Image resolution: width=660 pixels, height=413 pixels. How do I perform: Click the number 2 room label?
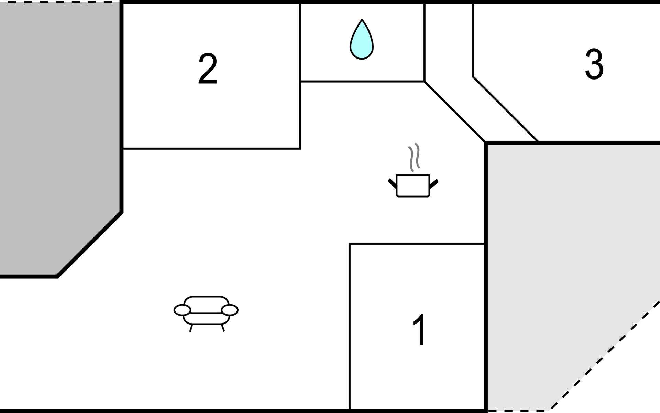(x=208, y=68)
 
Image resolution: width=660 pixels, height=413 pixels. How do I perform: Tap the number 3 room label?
(x=594, y=64)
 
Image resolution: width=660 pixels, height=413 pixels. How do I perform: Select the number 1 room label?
(x=420, y=330)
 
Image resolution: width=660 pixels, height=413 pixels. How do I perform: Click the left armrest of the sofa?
(x=182, y=310)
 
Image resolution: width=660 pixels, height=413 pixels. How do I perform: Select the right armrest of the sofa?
(x=230, y=310)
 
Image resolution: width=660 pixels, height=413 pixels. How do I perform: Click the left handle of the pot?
(x=392, y=183)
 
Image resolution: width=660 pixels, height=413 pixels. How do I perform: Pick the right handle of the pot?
(x=434, y=183)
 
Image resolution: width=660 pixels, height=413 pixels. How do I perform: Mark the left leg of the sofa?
(x=191, y=328)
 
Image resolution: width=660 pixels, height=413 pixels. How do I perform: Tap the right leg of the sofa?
(x=223, y=328)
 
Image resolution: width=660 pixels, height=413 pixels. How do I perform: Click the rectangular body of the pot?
(x=413, y=186)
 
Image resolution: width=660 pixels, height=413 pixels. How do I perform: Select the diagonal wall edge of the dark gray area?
(x=89, y=244)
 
